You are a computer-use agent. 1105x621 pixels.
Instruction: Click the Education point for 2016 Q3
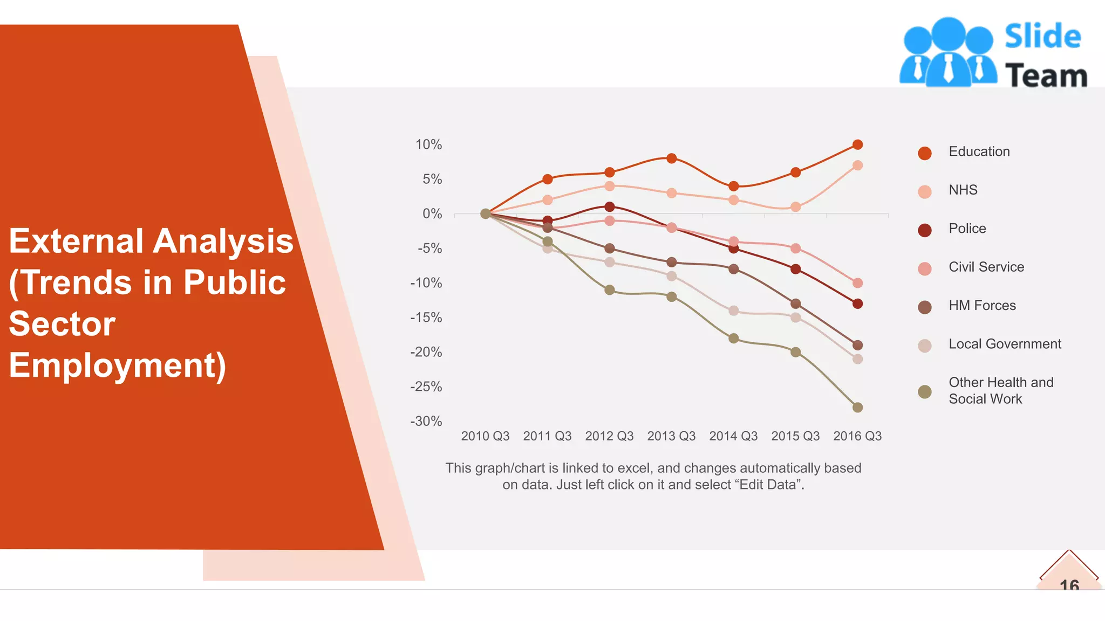pyautogui.click(x=857, y=144)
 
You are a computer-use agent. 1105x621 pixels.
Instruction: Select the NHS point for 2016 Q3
pyautogui.click(x=857, y=165)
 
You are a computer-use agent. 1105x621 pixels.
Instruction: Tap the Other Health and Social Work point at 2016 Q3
pyautogui.click(x=857, y=408)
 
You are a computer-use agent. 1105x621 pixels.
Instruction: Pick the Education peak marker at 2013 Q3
pyautogui.click(x=671, y=158)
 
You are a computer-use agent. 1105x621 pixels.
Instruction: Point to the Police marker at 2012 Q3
pyautogui.click(x=610, y=207)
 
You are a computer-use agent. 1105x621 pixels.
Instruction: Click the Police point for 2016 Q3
pyautogui.click(x=857, y=304)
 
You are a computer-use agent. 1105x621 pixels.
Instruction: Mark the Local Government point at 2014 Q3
pyautogui.click(x=733, y=310)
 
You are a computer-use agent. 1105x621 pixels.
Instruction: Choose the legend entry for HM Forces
pyautogui.click(x=982, y=306)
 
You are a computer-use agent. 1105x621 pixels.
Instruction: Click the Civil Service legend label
pyautogui.click(x=986, y=267)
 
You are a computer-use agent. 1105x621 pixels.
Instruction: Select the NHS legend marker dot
pyautogui.click(x=925, y=192)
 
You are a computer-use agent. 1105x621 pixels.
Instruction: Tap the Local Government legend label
pyautogui.click(x=1005, y=344)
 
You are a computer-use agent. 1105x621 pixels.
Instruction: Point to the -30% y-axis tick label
pyautogui.click(x=426, y=421)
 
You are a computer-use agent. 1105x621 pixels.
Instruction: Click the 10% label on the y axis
pyautogui.click(x=428, y=144)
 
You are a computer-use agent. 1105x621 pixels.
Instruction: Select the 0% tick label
pyautogui.click(x=432, y=214)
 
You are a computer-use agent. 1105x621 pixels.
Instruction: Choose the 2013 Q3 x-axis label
pyautogui.click(x=671, y=436)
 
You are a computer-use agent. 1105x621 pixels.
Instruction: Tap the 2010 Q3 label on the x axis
pyautogui.click(x=485, y=436)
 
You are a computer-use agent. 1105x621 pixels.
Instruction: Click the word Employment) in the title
pyautogui.click(x=118, y=365)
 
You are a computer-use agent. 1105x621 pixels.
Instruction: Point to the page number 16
pyautogui.click(x=1069, y=584)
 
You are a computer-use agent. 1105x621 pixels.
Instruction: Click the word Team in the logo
pyautogui.click(x=1046, y=75)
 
